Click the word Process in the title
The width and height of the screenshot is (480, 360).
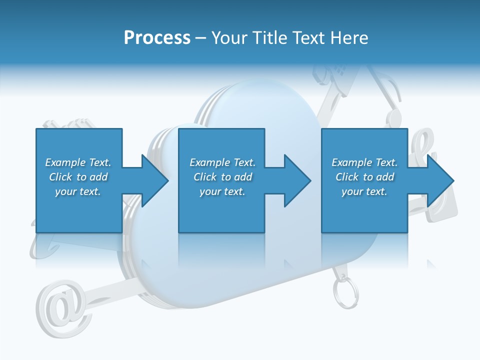pos(157,37)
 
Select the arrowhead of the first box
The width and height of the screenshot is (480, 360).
pos(154,180)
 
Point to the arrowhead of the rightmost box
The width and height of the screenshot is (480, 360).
pos(440,180)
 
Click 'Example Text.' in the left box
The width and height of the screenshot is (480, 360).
pos(78,162)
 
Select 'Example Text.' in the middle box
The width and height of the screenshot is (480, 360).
pos(222,162)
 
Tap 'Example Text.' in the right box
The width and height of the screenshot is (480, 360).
pos(364,162)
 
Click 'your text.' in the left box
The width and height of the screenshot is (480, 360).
pos(78,191)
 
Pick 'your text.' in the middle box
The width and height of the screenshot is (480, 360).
pos(222,191)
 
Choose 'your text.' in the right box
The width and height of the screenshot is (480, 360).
pos(364,191)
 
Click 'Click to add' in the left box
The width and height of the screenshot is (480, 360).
pos(78,177)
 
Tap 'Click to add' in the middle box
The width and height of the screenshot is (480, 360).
pos(222,177)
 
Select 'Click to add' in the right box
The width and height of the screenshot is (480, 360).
pos(364,177)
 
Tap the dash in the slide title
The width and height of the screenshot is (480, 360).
pos(201,38)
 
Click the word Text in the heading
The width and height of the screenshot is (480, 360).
pos(307,37)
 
